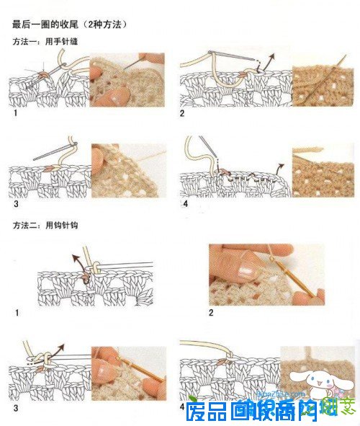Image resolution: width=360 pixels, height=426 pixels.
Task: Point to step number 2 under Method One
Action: (183, 114)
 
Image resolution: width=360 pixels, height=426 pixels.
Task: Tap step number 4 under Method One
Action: (185, 204)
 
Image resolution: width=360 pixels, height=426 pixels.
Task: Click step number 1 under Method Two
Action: (16, 313)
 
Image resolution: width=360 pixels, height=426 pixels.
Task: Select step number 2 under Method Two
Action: (211, 313)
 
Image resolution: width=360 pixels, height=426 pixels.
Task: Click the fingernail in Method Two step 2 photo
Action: (245, 272)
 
